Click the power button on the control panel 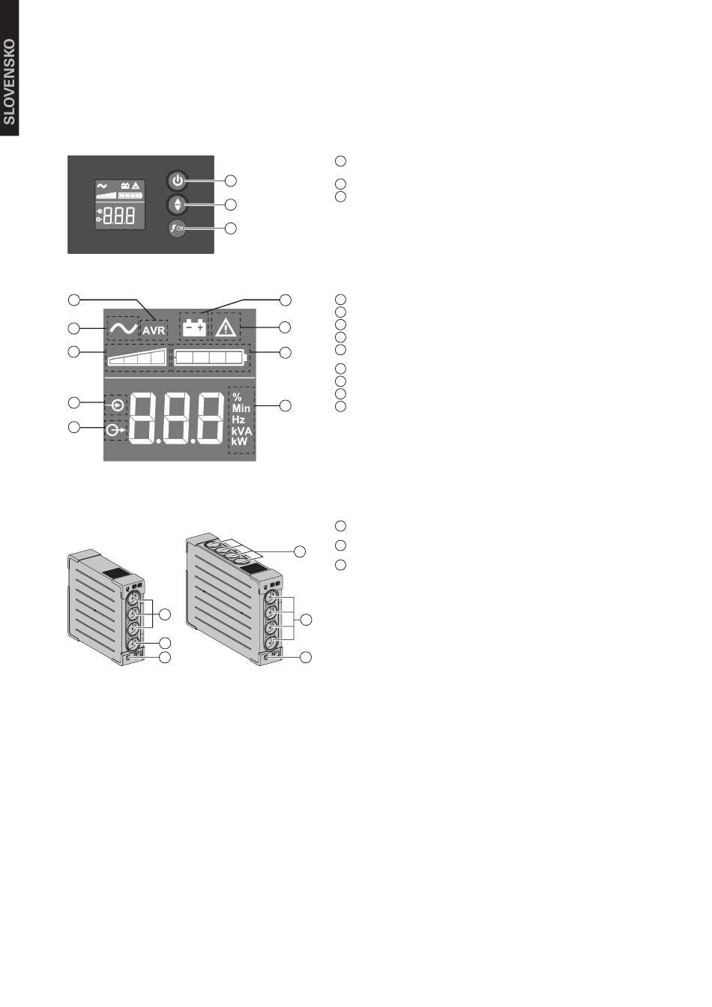coord(177,181)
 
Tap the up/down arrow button coord(177,204)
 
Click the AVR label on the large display coord(154,330)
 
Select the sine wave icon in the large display coord(122,328)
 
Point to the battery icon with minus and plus coord(194,327)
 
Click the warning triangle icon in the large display coord(226,327)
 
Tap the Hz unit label coord(238,420)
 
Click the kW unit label coord(239,441)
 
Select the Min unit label coord(241,408)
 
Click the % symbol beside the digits coord(237,397)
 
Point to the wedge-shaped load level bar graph coord(137,357)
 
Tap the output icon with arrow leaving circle coord(115,431)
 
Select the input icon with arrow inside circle coord(116,405)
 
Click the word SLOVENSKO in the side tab coord(9,82)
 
